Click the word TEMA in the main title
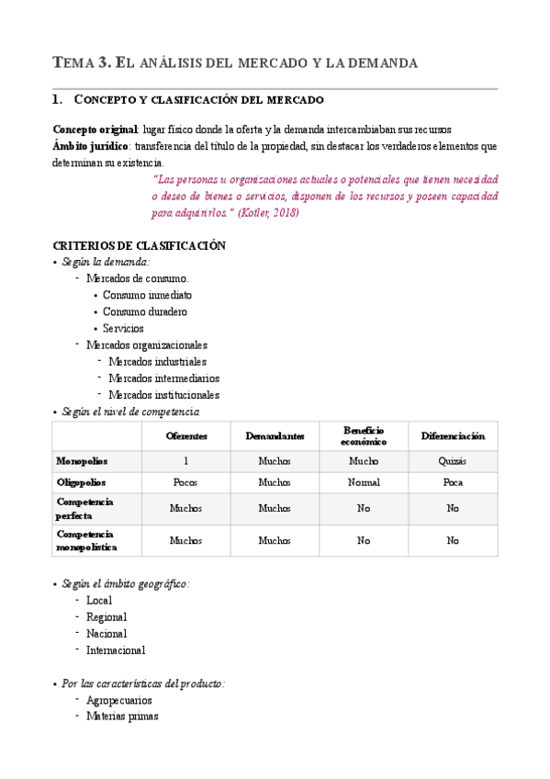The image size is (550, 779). pyautogui.click(x=74, y=63)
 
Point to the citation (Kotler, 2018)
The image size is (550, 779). pyautogui.click(x=268, y=213)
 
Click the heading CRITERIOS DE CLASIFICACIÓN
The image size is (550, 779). pyautogui.click(x=140, y=245)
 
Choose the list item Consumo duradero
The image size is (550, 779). pyautogui.click(x=144, y=311)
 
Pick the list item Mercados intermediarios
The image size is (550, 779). pyautogui.click(x=163, y=378)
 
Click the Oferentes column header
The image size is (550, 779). pyautogui.click(x=186, y=435)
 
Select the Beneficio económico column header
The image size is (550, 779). pyautogui.click(x=364, y=435)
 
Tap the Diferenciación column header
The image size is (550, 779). pyautogui.click(x=453, y=435)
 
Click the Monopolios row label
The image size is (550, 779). pyautogui.click(x=81, y=460)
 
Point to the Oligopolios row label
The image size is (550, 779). pyautogui.click(x=81, y=482)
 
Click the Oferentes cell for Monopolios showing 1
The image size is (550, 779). pyautogui.click(x=186, y=460)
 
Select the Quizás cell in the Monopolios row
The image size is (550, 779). pyautogui.click(x=453, y=460)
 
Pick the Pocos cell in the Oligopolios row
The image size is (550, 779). pyautogui.click(x=186, y=482)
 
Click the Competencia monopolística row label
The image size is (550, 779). pyautogui.click(x=85, y=540)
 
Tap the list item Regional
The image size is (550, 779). pyautogui.click(x=107, y=616)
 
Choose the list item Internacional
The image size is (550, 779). pyautogui.click(x=116, y=649)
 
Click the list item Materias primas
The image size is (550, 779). pyautogui.click(x=122, y=717)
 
